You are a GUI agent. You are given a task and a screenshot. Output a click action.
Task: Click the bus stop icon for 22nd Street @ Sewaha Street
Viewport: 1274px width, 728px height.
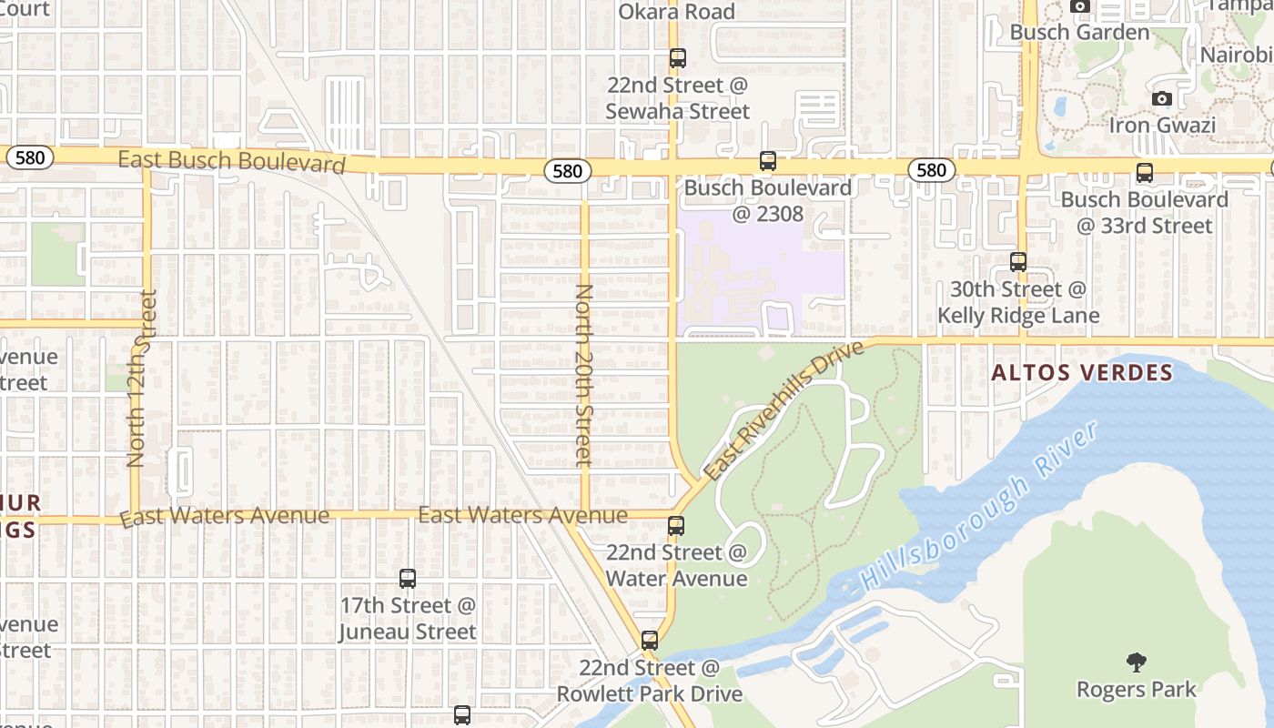tap(677, 58)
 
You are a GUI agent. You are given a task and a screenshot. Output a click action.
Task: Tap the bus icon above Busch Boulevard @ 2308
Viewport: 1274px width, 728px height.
tap(768, 161)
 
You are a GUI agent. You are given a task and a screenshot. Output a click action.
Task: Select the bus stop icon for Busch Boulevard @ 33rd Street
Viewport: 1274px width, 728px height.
tap(1145, 172)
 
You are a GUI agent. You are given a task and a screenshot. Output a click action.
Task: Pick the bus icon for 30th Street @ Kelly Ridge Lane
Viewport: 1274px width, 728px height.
tap(1018, 262)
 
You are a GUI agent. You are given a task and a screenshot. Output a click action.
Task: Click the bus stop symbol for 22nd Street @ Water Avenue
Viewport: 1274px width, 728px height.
tap(675, 525)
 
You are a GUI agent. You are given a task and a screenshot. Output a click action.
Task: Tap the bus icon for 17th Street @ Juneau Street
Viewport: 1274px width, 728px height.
tap(408, 578)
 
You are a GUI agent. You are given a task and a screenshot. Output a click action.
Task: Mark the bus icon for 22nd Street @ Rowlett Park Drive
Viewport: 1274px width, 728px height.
tap(649, 640)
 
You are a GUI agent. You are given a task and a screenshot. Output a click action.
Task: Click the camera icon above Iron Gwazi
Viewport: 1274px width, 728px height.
tap(1162, 98)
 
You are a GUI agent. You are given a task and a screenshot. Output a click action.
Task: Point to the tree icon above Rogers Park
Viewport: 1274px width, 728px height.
tap(1136, 662)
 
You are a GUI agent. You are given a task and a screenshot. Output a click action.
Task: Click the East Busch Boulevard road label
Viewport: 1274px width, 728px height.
tap(232, 161)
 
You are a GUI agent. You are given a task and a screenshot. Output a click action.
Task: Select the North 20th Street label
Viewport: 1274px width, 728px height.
tap(584, 375)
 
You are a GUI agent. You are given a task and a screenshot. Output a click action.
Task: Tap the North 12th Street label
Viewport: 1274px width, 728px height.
tap(143, 379)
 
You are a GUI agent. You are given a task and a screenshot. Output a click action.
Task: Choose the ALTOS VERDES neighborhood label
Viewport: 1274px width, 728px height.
tap(1082, 372)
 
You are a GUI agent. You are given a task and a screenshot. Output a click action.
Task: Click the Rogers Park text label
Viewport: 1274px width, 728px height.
tap(1137, 689)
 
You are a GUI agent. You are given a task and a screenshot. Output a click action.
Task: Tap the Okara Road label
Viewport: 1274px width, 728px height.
tap(676, 12)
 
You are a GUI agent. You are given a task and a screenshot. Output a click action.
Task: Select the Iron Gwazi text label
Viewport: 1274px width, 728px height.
tap(1162, 125)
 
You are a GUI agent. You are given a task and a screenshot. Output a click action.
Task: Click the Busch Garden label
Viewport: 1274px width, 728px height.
tap(1080, 32)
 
